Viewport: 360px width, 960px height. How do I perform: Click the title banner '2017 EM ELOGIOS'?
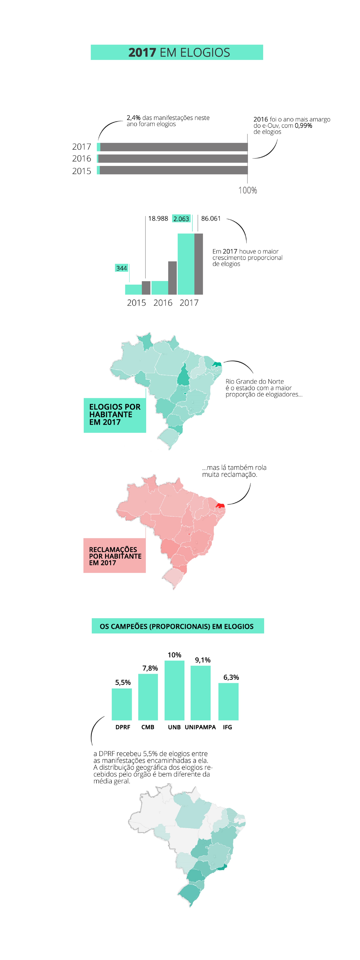click(177, 52)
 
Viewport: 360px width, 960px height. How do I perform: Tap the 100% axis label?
click(247, 190)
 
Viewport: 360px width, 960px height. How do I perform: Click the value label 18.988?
click(158, 218)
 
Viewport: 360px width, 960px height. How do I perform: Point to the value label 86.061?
click(211, 218)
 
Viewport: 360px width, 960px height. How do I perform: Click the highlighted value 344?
click(121, 268)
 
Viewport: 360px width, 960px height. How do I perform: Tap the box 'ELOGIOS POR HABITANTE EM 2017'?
click(115, 415)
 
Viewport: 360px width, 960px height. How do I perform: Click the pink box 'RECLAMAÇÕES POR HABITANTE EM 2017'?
click(114, 556)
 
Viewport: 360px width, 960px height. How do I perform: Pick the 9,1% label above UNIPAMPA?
click(203, 660)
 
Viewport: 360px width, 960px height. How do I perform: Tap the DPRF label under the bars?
click(123, 727)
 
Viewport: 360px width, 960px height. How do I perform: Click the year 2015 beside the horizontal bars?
click(82, 171)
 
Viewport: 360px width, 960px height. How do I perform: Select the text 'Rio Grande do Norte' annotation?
click(254, 381)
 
